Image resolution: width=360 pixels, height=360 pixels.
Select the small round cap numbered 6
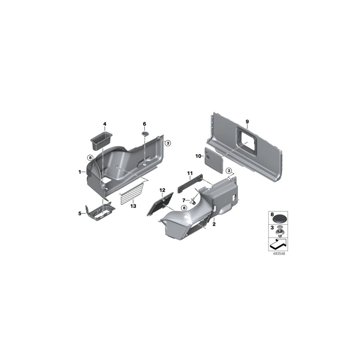point(145,133)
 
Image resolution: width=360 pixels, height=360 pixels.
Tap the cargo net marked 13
point(132,192)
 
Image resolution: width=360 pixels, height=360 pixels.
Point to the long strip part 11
point(190,184)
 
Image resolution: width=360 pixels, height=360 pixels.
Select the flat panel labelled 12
point(160,204)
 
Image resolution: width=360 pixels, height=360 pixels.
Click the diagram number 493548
point(279,254)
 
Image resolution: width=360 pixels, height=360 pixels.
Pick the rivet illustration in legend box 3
point(280,231)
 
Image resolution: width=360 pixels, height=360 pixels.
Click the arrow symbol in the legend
point(278,244)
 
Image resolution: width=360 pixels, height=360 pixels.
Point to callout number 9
point(247,122)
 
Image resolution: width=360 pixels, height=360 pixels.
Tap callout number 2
point(214,224)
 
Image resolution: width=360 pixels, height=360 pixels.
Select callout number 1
point(80,172)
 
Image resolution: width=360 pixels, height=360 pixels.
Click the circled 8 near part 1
point(90,158)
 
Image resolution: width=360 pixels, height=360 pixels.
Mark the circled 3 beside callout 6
point(168,143)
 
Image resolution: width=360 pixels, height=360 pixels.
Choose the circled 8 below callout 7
point(184,208)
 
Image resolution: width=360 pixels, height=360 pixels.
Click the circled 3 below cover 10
point(229,170)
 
